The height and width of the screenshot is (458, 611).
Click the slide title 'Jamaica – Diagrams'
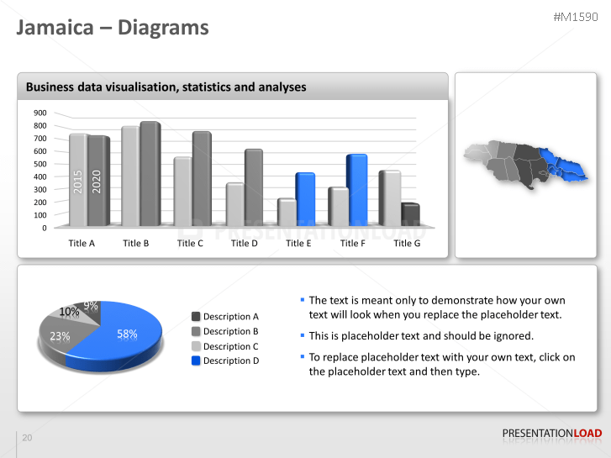(113, 28)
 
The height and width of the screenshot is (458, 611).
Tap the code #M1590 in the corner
(577, 17)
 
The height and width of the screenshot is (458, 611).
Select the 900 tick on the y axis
(40, 113)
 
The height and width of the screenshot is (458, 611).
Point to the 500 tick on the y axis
(40, 164)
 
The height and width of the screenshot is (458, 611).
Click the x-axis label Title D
(245, 243)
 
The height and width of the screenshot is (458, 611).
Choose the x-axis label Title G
(407, 243)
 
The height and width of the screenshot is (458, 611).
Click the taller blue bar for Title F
(357, 189)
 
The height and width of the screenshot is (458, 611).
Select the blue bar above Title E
(305, 199)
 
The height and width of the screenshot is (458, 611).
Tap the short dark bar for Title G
(410, 215)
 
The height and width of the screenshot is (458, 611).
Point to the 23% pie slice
(60, 336)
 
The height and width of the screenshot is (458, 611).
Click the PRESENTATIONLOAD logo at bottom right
(551, 434)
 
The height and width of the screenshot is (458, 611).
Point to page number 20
(27, 438)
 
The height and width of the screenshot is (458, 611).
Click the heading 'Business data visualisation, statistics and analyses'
(166, 87)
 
